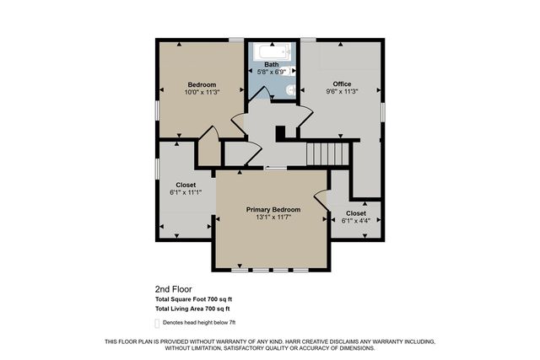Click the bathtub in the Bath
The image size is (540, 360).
click(x=271, y=51)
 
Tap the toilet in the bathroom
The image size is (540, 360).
click(x=289, y=90)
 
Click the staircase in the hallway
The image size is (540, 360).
click(x=327, y=154)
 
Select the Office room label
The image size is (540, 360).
click(x=341, y=83)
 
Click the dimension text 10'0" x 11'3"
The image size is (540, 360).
click(x=202, y=93)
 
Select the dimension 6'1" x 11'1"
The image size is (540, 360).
click(x=186, y=192)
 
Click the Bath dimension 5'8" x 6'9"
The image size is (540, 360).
click(x=271, y=73)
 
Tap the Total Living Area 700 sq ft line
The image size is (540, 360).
click(x=192, y=310)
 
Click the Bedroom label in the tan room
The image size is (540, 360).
click(x=202, y=84)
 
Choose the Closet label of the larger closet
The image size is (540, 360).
click(x=186, y=184)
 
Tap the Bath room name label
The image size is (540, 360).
click(x=271, y=65)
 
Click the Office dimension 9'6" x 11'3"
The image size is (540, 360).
click(x=341, y=91)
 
